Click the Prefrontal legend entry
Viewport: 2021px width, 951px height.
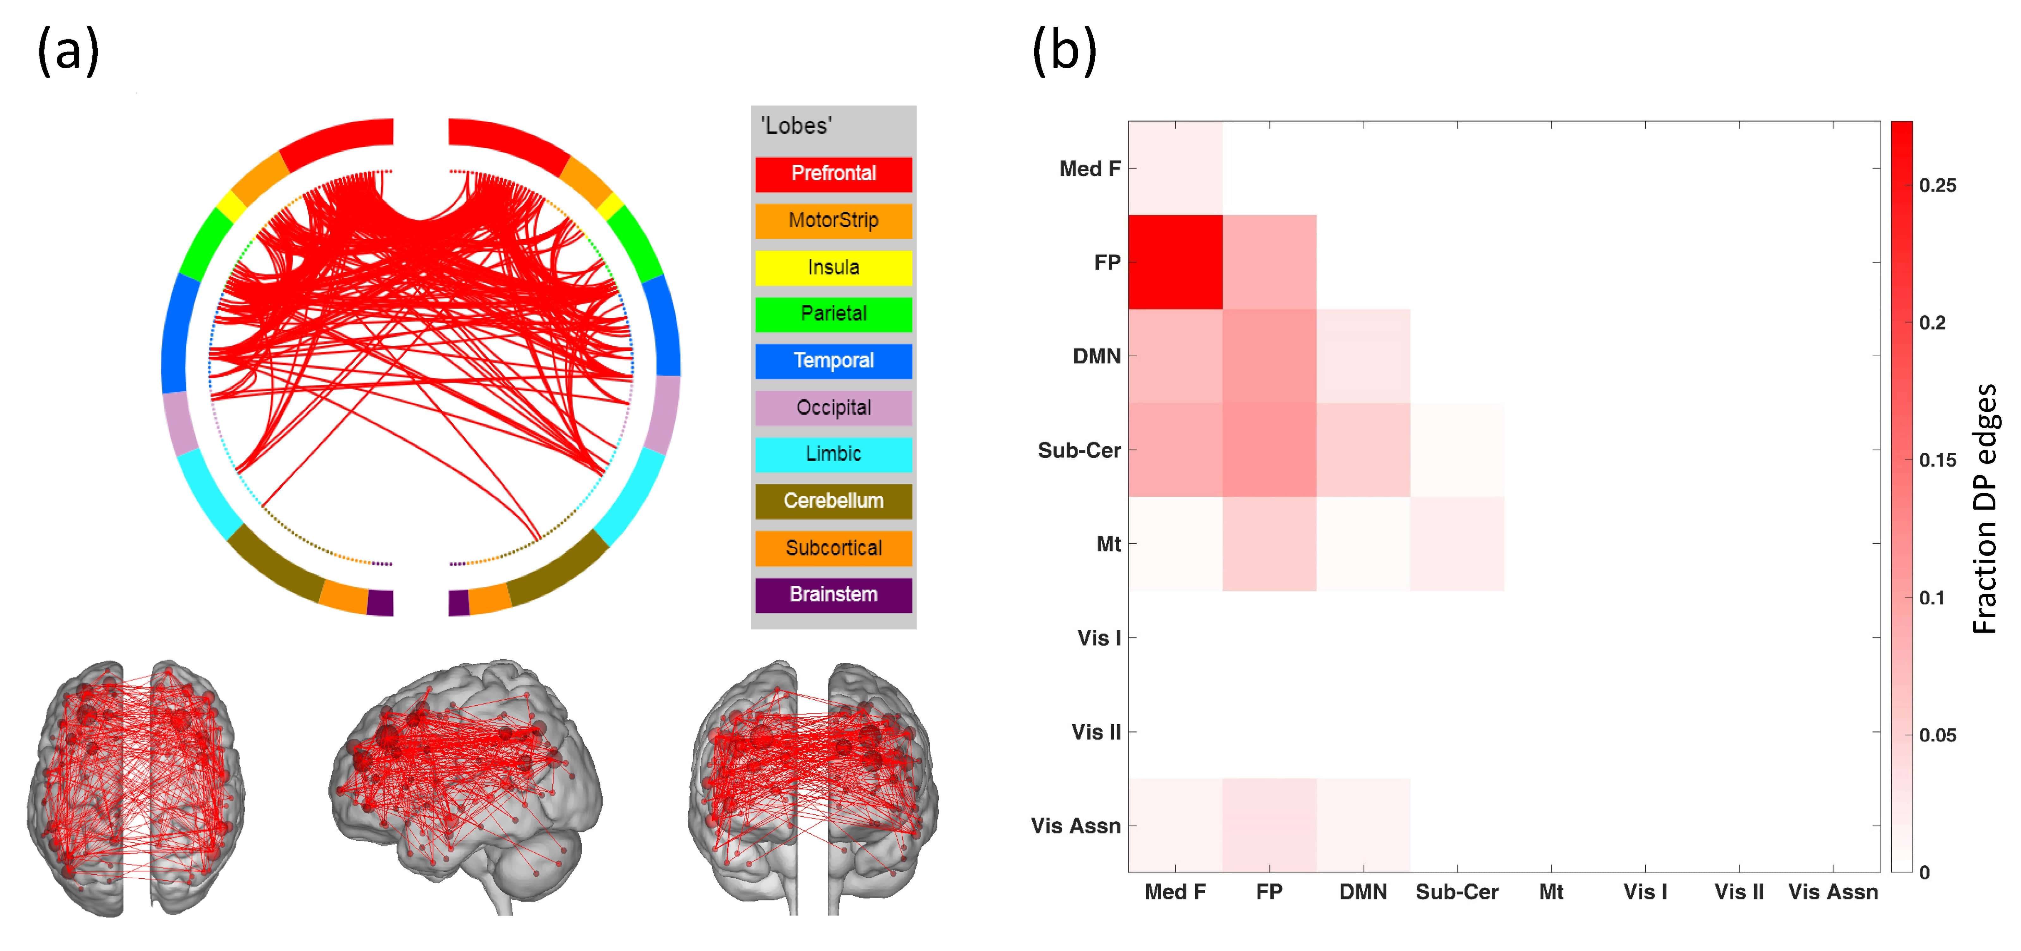click(833, 173)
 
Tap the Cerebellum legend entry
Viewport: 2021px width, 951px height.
click(833, 500)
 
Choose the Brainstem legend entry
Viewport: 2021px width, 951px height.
click(833, 594)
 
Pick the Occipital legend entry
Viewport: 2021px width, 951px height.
click(833, 407)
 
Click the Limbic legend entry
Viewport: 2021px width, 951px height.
click(833, 454)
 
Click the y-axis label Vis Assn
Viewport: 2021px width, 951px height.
click(1076, 825)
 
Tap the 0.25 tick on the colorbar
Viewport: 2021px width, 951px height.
click(1937, 185)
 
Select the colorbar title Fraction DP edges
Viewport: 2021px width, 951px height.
click(1985, 508)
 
